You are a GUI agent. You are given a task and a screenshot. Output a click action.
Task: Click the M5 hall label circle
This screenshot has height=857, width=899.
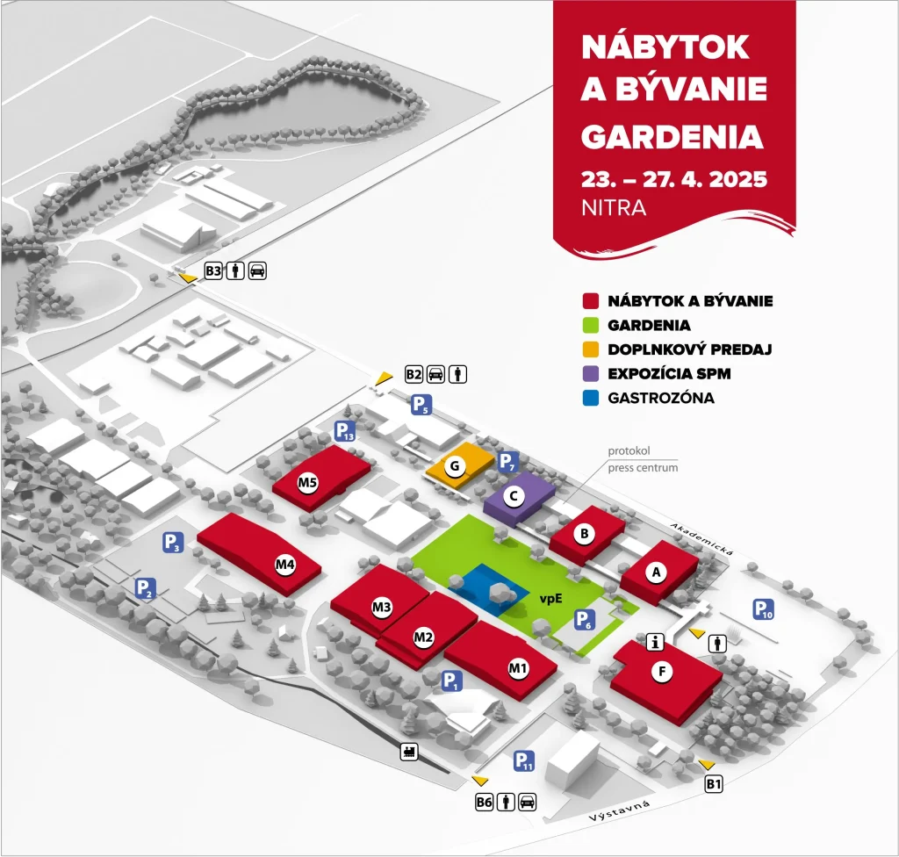(307, 481)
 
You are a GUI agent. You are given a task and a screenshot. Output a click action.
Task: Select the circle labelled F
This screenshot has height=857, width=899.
(663, 673)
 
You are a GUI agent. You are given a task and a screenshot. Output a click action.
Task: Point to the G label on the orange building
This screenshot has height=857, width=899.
(454, 467)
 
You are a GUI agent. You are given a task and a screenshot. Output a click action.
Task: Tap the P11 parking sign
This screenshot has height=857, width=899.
(524, 762)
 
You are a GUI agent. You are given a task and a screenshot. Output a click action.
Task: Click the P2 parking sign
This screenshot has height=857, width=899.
(146, 589)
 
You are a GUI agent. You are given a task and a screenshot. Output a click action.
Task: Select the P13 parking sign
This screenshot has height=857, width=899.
(345, 432)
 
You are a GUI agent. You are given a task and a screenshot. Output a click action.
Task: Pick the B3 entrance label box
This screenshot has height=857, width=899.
(213, 270)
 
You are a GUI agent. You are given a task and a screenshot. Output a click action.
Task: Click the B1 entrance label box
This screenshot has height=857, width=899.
(714, 784)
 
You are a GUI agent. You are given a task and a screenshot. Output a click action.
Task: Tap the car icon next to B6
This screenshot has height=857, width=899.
(527, 802)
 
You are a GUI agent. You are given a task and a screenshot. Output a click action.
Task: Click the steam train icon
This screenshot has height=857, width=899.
(409, 751)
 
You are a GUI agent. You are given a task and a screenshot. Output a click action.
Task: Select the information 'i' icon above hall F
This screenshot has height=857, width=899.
(653, 642)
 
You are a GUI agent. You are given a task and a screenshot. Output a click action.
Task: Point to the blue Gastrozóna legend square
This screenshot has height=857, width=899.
(590, 398)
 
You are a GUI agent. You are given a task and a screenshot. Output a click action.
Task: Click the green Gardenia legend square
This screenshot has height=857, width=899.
(590, 325)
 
